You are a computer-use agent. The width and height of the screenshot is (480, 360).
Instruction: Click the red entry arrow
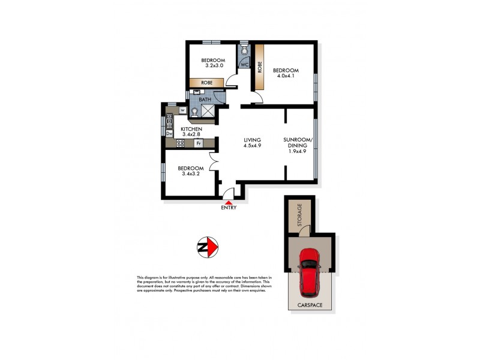click(x=229, y=202)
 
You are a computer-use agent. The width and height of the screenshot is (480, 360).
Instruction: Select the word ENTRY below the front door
click(x=229, y=208)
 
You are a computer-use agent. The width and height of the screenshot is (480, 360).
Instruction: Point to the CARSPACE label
click(x=310, y=305)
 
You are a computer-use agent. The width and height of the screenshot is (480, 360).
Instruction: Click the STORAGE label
click(x=300, y=214)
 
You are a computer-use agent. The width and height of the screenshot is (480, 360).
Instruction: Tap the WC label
click(x=245, y=64)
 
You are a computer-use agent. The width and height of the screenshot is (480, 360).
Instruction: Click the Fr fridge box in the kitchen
click(x=197, y=143)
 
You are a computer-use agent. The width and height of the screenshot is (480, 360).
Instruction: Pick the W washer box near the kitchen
click(x=182, y=110)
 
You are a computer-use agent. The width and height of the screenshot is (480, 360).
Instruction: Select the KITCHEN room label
click(x=191, y=129)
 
